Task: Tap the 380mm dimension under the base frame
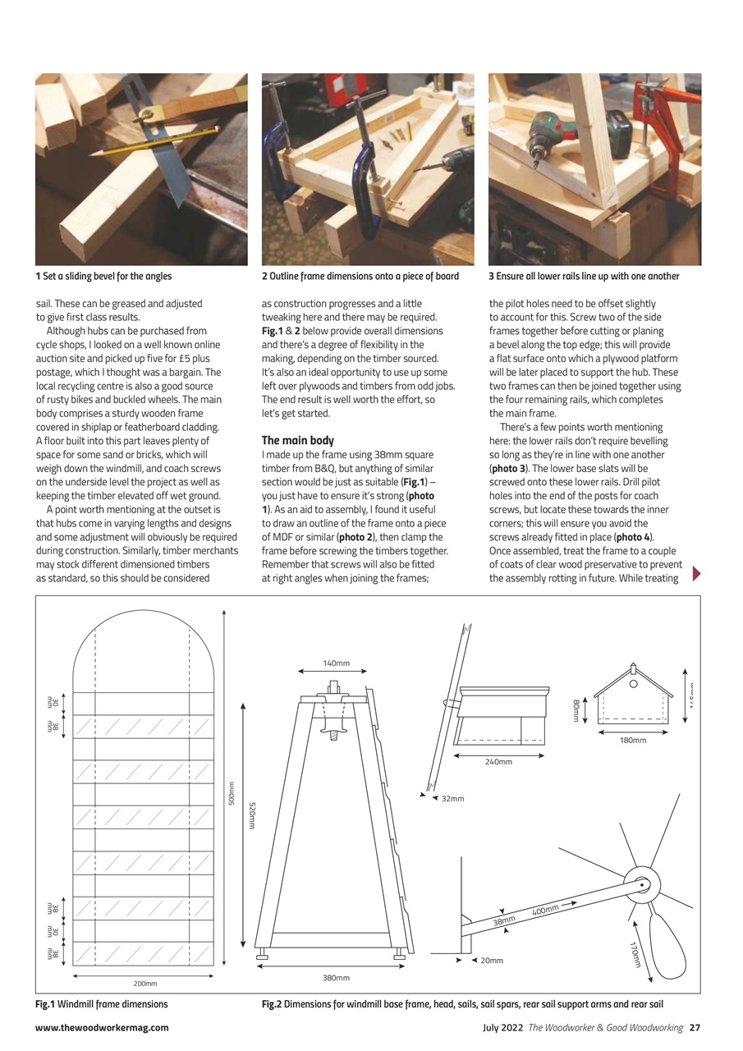pos(336,978)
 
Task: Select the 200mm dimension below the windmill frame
pos(145,983)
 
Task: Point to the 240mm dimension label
pos(498,762)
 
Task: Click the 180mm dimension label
pos(633,740)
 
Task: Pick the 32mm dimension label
pos(452,798)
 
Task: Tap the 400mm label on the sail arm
pos(545,910)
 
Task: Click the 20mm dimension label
pos(492,960)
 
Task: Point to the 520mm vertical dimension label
pos(252,815)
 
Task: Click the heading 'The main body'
pos(297,440)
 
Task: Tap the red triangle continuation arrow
pos(697,573)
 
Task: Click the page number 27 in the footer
pos(695,1027)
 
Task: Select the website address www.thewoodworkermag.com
pos(102,1027)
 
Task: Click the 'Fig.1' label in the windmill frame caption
pos(44,1003)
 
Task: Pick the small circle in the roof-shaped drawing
pos(634,684)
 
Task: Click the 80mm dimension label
pos(576,710)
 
